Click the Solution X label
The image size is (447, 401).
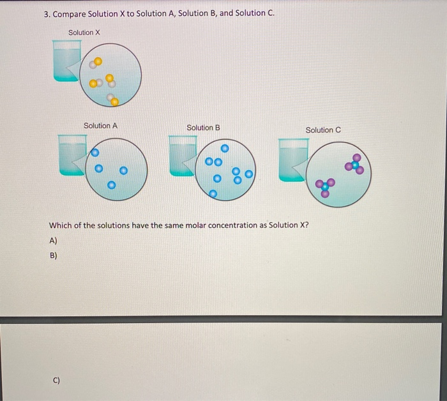[x=84, y=33]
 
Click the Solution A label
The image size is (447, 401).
[x=100, y=126]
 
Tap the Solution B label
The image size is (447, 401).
[x=203, y=128]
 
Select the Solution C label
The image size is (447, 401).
[x=323, y=130]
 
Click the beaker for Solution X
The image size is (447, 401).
[x=66, y=61]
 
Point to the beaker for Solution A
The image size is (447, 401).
[x=72, y=155]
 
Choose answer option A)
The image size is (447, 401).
[x=53, y=240]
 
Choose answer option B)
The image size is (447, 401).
[x=53, y=255]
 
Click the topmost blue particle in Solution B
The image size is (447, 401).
[x=224, y=148]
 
